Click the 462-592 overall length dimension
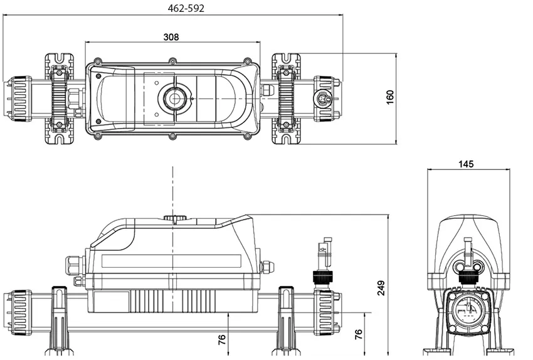click(x=186, y=8)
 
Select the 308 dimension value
click(x=171, y=37)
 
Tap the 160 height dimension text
click(x=389, y=98)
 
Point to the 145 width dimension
click(x=466, y=164)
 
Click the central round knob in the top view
click(x=172, y=98)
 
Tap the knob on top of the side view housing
click(x=175, y=218)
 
